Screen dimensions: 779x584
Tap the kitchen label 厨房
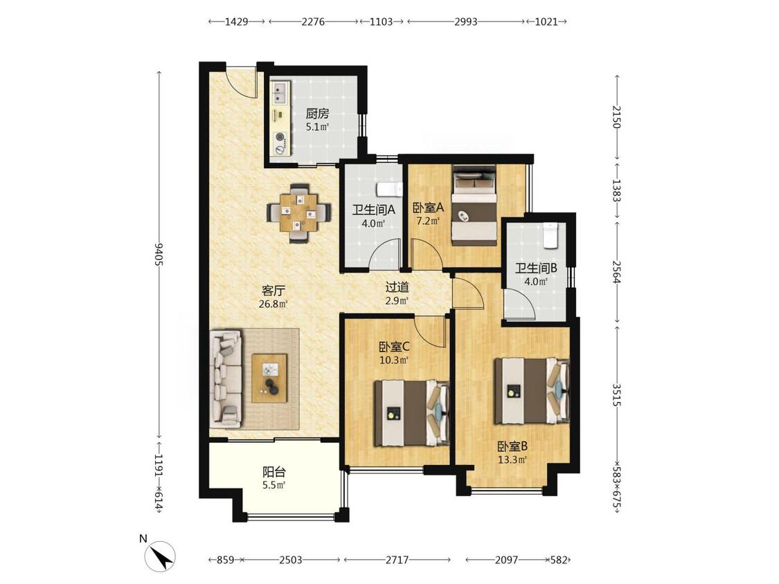pos(317,113)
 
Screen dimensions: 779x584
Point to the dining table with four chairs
pos(299,214)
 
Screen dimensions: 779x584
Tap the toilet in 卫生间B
pos(550,235)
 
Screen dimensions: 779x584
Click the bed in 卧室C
pos(411,413)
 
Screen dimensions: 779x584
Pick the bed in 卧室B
pos(531,391)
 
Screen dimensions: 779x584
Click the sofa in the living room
pos(226,379)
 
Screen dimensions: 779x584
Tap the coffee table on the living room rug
pos(270,378)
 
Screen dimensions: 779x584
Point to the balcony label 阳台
pos(274,473)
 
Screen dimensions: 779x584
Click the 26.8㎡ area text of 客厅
pos(274,304)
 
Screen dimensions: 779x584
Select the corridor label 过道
pos(397,287)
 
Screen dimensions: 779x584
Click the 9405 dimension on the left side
pos(159,254)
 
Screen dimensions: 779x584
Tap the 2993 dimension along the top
pos(466,22)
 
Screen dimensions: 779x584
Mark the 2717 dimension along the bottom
pos(397,560)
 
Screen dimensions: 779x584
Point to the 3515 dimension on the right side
pos(617,394)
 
